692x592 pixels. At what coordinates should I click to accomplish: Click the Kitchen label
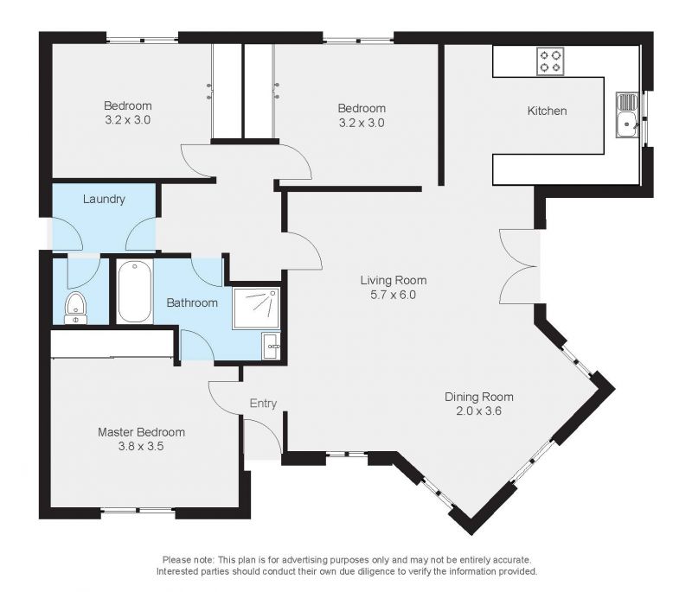coord(547,111)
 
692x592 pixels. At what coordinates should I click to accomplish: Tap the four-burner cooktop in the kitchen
coord(550,61)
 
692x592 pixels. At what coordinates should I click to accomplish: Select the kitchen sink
coord(627,115)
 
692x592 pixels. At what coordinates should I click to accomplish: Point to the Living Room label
coord(394,280)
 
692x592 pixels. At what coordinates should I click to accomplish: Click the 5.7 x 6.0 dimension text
coord(394,295)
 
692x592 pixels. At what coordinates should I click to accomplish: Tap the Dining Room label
coord(479,397)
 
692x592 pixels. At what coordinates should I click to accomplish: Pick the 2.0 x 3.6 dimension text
coord(479,411)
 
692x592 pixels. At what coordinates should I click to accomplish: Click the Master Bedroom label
coord(141,432)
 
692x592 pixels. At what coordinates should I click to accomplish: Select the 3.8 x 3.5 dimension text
coord(141,447)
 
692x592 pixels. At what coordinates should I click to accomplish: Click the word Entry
coord(263,404)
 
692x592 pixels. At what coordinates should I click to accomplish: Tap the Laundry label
coord(104,200)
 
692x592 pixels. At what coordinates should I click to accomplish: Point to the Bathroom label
coord(192,302)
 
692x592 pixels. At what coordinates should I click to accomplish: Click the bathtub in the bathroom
coord(135,292)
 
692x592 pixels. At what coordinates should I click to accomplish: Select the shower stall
coord(256,309)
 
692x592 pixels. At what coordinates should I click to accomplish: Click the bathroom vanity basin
coord(270,346)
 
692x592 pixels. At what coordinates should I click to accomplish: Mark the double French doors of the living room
coord(518,266)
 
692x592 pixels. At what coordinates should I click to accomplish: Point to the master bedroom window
coord(138,512)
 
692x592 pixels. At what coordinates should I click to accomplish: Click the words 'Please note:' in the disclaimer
coord(189,560)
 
